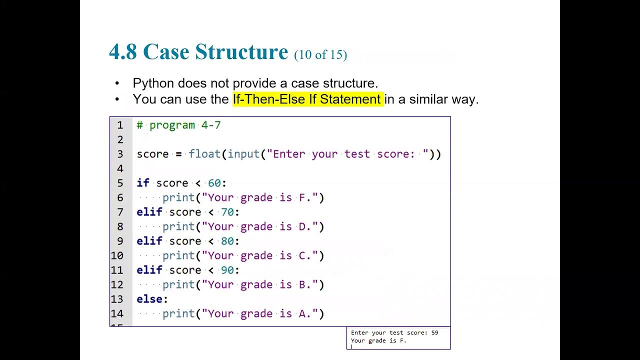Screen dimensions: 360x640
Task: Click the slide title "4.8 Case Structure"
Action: coord(198,52)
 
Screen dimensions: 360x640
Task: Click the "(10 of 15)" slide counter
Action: coord(320,54)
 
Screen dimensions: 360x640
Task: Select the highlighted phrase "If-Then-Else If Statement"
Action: coord(307,99)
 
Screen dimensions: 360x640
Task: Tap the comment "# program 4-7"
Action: coord(178,125)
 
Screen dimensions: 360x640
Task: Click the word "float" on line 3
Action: coord(204,154)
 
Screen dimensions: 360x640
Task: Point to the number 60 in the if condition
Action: coord(214,183)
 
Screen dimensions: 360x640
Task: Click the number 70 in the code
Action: coord(227,212)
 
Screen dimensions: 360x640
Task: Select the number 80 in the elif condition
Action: coord(227,241)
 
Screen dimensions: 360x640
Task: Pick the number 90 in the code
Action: coord(227,270)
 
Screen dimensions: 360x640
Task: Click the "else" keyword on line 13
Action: coord(149,299)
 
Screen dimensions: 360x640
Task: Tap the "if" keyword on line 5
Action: coord(142,183)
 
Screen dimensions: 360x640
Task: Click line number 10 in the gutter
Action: coord(117,255)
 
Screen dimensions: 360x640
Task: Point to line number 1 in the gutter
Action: coord(120,125)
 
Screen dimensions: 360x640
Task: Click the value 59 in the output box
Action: coord(434,332)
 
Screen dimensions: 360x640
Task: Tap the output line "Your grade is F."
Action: coord(378,340)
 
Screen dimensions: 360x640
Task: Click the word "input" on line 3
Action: coord(243,154)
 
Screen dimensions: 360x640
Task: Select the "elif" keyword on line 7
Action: coord(149,212)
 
